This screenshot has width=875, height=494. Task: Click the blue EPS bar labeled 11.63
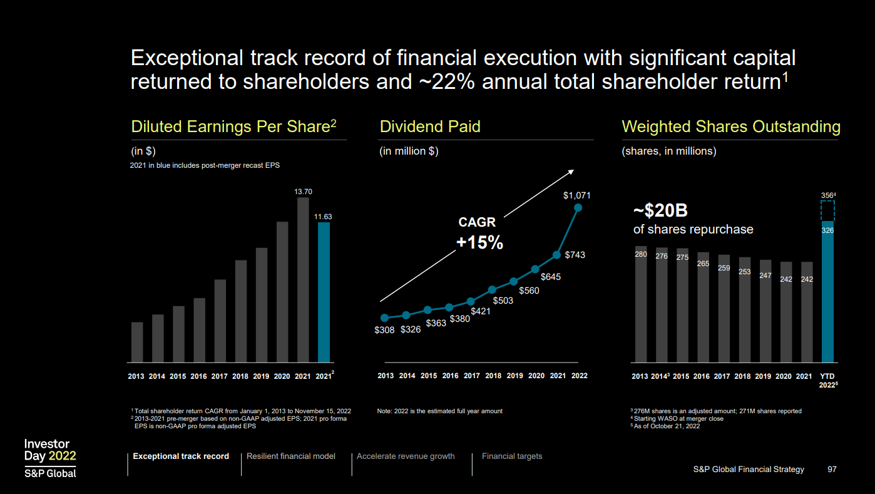[x=324, y=292]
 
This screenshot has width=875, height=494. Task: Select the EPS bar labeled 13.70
[x=303, y=280]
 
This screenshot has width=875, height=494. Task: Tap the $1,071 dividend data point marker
[x=578, y=207]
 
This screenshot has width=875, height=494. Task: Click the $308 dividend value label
[x=384, y=330]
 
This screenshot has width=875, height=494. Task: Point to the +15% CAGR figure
[x=479, y=243]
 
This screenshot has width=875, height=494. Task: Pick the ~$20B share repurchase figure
[x=660, y=211]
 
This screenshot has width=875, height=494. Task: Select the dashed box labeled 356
[x=827, y=210]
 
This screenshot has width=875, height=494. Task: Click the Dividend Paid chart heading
[x=430, y=126]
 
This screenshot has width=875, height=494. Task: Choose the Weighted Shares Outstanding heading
[x=730, y=126]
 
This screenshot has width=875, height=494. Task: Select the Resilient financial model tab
[x=291, y=456]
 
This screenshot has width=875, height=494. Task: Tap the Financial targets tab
[x=512, y=456]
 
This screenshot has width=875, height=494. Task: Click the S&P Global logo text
[x=50, y=473]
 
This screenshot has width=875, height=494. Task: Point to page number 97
[x=832, y=469]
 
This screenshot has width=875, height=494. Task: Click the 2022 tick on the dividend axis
[x=580, y=376]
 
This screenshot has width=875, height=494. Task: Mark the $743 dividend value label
[x=575, y=255]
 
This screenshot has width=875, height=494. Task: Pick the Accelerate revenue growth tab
[x=406, y=456]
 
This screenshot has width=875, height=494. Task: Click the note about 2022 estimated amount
[x=439, y=411]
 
